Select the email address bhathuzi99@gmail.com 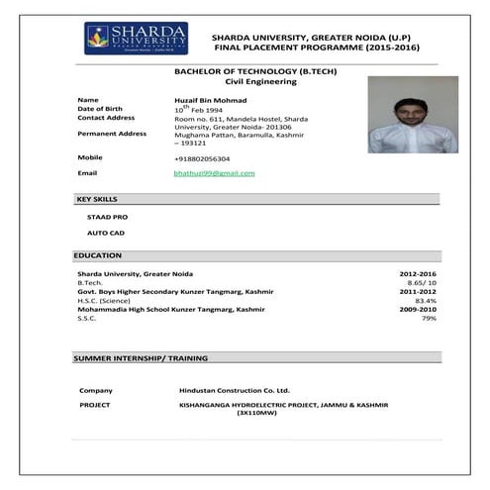[214, 173]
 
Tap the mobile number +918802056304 [202, 158]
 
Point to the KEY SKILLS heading [97, 200]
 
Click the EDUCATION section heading [98, 255]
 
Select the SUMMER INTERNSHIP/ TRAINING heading [140, 357]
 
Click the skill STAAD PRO [107, 216]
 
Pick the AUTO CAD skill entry [106, 233]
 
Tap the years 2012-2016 [418, 273]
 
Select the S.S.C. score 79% [429, 319]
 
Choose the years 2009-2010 [418, 310]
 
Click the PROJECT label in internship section [95, 405]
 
